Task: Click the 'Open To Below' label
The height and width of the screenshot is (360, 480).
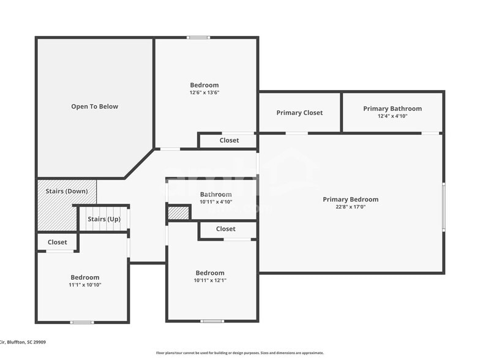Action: (94, 107)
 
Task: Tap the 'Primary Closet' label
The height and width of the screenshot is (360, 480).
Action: (299, 113)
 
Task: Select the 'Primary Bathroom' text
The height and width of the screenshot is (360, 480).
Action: (392, 108)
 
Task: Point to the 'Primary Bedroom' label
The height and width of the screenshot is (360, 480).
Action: (350, 199)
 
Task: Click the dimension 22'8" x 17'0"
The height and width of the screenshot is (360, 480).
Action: (350, 207)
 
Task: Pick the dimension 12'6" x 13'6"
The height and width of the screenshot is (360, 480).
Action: (204, 93)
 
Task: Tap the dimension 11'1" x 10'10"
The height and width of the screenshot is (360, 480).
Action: (84, 285)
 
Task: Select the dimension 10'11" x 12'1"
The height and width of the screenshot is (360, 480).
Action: (210, 280)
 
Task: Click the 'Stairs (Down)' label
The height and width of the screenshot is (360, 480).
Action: (67, 191)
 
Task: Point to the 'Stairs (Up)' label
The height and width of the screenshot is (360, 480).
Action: (104, 219)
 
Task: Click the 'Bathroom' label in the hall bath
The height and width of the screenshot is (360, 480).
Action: (216, 194)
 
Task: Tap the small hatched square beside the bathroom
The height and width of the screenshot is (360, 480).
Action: (178, 213)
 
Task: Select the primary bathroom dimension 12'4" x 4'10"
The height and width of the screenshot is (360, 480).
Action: (392, 116)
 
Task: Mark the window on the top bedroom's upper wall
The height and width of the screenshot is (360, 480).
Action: (198, 38)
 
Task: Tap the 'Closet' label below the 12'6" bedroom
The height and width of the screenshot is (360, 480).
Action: (229, 140)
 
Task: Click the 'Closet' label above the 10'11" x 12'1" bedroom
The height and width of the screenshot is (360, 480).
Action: (225, 229)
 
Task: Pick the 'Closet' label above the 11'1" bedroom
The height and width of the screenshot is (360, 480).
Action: (58, 242)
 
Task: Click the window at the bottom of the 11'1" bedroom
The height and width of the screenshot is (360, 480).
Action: (82, 322)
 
